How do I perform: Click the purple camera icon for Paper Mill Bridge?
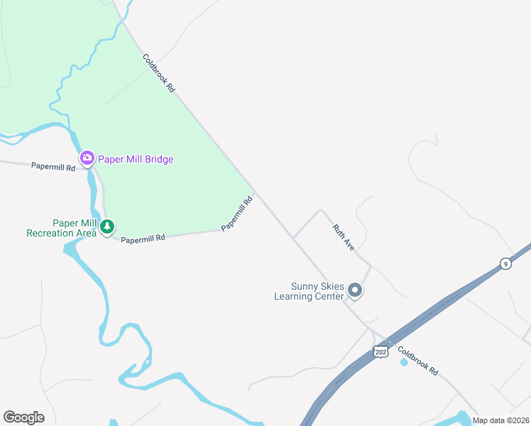coord(87,158)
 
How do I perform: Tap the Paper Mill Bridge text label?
coord(136,159)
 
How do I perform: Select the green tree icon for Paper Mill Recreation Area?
coord(106,227)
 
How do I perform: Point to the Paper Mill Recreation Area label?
coord(61,228)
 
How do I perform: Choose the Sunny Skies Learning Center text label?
coord(309,291)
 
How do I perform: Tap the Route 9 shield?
coord(505,263)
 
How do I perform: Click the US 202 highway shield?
coord(381,351)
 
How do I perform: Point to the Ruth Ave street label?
coord(344,237)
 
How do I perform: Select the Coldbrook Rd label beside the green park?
coord(158,74)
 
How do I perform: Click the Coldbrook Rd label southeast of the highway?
coord(418,361)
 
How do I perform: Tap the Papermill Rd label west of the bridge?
coord(53,167)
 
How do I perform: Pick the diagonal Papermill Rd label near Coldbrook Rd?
coord(237,214)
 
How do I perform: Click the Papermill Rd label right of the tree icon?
coord(143,239)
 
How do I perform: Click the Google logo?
coord(23,417)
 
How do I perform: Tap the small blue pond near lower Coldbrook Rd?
coord(404,362)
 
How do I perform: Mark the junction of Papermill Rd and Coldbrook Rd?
coord(254,192)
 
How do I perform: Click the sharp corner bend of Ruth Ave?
coord(321,210)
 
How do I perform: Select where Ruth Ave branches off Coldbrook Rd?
coord(293,237)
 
